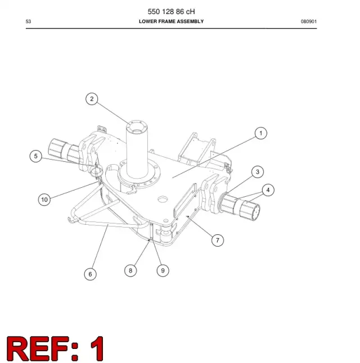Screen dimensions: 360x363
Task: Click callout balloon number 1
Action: click(261, 133)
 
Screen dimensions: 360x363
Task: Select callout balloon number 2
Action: click(92, 99)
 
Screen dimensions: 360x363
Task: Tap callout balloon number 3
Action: click(258, 172)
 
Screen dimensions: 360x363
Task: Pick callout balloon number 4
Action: click(268, 190)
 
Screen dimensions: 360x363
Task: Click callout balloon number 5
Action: click(35, 156)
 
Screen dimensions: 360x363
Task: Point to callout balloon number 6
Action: click(90, 274)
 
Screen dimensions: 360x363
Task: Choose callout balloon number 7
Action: click(218, 241)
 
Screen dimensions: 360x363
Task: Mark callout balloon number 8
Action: click(130, 270)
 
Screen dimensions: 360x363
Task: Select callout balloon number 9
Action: click(163, 270)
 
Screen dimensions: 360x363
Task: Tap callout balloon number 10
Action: click(44, 199)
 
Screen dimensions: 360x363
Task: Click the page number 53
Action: click(28, 21)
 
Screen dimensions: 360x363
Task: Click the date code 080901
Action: click(309, 21)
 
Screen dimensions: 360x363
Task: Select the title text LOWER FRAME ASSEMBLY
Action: click(172, 21)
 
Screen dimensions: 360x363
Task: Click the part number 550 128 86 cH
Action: click(172, 12)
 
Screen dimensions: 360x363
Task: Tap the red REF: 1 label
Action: click(55, 348)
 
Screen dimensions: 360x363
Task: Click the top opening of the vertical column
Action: click(137, 126)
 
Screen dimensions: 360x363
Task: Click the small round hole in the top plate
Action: click(163, 198)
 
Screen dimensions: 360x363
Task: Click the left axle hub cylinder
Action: click(64, 151)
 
